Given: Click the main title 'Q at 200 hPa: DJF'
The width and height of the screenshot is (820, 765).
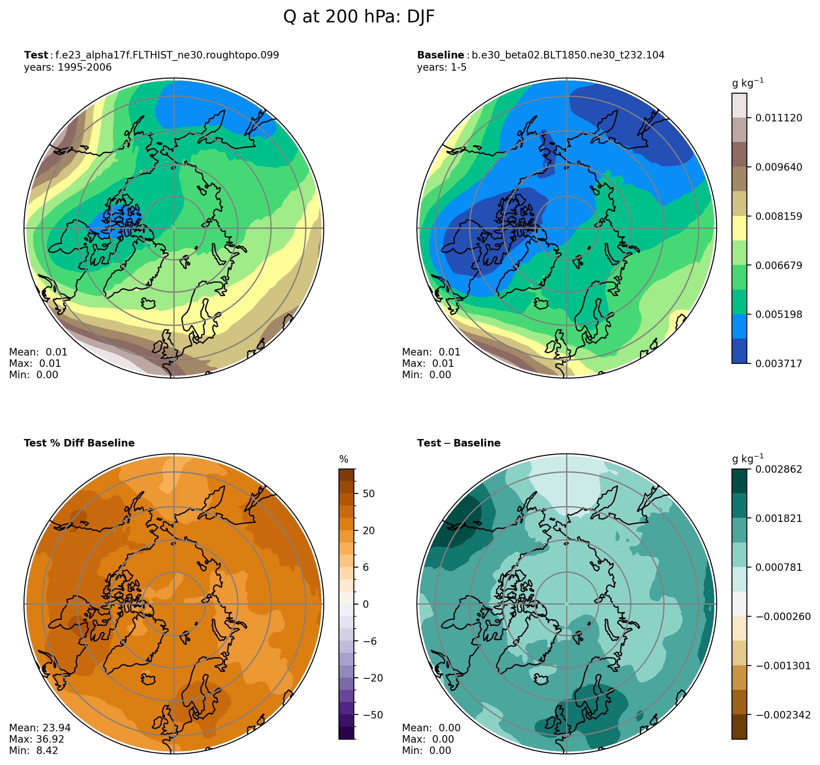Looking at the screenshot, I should [358, 17].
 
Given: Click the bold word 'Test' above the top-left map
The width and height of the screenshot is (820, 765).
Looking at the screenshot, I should [36, 55].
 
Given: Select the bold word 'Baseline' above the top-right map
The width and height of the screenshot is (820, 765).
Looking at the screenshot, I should [440, 55].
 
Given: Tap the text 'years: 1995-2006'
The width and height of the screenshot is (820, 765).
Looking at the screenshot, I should [68, 67].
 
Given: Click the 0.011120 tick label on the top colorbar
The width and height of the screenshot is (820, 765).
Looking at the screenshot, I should [778, 118].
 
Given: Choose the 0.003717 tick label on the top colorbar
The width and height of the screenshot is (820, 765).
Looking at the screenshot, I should [778, 364].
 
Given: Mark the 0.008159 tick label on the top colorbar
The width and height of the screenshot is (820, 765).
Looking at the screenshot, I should [778, 216].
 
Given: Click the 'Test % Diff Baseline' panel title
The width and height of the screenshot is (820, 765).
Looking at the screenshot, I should [79, 443].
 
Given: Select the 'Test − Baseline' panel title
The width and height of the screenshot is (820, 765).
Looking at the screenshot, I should [458, 443].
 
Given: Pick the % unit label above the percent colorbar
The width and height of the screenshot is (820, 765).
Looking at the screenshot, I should [344, 460].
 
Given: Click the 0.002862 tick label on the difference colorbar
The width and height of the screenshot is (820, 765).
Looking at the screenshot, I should [778, 469].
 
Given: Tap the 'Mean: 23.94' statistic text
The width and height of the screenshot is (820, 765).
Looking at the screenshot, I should [40, 727].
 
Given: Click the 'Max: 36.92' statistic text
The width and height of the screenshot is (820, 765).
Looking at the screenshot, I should [36, 739].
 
